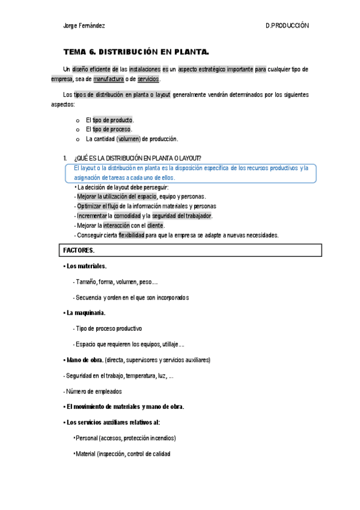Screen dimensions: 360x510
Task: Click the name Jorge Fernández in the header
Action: point(84,26)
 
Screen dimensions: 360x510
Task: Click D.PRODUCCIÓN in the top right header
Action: point(287,26)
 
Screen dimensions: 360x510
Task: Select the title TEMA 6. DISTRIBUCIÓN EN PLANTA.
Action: point(136,52)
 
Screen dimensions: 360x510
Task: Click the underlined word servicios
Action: point(148,79)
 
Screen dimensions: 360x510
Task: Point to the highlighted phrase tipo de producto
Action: point(112,120)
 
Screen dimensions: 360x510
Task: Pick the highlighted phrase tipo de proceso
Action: point(112,129)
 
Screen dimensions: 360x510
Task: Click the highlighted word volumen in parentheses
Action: point(129,139)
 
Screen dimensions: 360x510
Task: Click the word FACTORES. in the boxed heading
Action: point(79,250)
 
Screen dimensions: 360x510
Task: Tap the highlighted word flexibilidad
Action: point(131,235)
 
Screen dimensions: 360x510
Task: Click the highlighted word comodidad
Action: point(127,216)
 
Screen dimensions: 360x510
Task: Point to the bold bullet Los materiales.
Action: point(87,266)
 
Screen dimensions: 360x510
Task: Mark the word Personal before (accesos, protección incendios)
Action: point(88,438)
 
